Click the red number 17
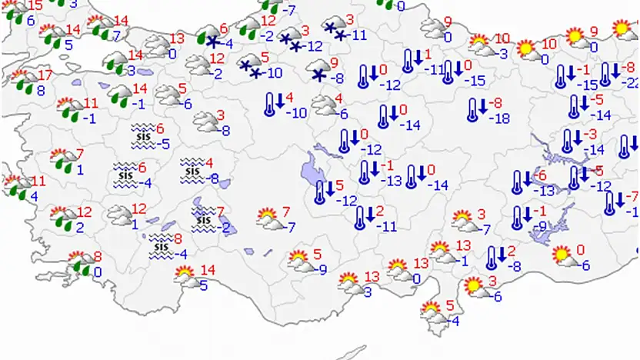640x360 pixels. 44,75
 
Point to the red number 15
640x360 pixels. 35,6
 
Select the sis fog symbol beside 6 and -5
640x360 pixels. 142,136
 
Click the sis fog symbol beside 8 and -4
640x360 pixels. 161,245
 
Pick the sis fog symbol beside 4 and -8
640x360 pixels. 192,169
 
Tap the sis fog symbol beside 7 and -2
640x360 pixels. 204,218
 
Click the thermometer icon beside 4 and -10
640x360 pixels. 270,104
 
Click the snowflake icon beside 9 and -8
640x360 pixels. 318,75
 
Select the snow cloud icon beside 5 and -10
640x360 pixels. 251,65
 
